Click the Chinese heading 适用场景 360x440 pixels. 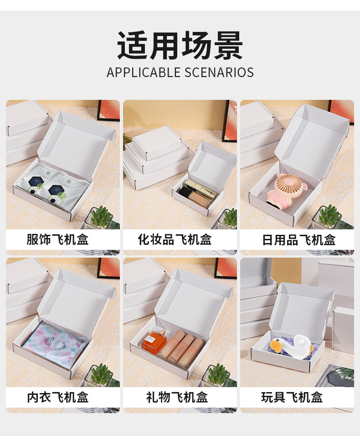[180, 45]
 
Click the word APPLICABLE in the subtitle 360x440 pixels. [144, 72]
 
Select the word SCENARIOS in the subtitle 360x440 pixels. [219, 72]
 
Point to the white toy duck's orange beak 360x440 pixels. [276, 345]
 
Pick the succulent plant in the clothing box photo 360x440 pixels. [100, 216]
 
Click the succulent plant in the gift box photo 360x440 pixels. [217, 374]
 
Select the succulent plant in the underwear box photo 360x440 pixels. [100, 374]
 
